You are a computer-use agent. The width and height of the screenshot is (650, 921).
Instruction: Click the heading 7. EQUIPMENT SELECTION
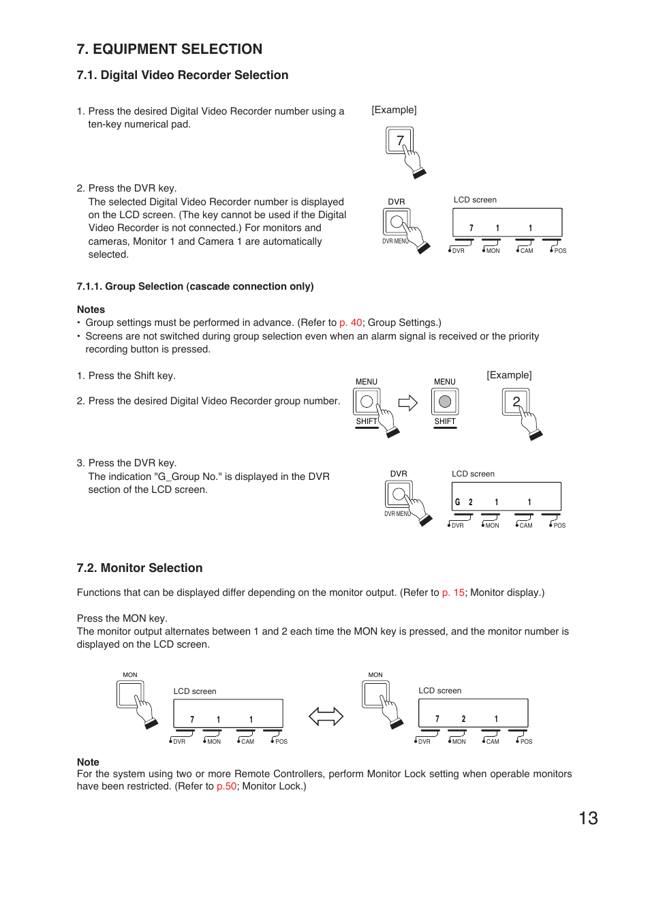coord(169,49)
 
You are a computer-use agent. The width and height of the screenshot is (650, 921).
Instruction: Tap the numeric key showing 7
coord(399,140)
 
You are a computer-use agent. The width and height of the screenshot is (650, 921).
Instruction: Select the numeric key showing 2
coord(516,402)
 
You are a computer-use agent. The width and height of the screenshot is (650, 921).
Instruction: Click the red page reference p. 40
coord(350,322)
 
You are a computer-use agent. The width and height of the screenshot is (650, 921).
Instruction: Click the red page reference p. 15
coord(453,592)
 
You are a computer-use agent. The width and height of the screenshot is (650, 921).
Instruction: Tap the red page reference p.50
coord(226,786)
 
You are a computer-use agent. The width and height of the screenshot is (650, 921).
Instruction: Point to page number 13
coord(588,818)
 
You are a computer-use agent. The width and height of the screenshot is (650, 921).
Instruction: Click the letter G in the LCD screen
coord(457,502)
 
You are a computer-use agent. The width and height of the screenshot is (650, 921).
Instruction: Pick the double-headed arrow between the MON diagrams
coord(326,716)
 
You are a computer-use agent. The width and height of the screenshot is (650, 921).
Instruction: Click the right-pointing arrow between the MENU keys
coord(407,403)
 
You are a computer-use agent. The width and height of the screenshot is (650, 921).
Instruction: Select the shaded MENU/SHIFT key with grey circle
coord(445,402)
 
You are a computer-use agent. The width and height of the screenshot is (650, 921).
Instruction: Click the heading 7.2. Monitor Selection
coord(140,568)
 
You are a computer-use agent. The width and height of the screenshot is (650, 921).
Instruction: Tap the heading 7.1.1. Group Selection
coord(195,286)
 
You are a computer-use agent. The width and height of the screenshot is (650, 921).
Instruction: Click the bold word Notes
coord(91,309)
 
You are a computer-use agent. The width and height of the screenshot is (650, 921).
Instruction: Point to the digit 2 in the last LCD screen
coord(463,719)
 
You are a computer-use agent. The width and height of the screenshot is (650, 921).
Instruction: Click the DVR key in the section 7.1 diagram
coord(397,222)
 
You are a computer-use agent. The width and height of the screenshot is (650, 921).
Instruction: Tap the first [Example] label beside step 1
coord(394,110)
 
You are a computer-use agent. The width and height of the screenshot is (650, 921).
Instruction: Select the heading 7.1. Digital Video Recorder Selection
coord(182,75)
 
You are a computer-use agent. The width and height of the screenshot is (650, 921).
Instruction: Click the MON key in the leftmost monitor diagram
coord(129,695)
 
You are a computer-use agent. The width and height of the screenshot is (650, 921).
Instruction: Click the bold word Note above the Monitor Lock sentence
coord(88,762)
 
